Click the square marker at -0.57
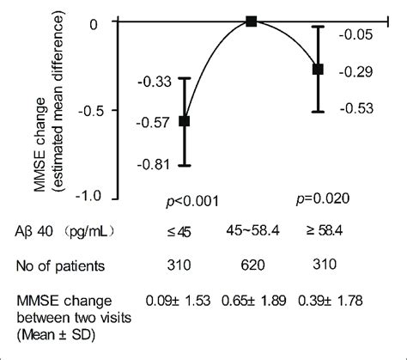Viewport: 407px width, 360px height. click(184, 122)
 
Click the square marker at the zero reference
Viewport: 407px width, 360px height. click(252, 21)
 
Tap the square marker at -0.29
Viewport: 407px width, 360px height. click(318, 69)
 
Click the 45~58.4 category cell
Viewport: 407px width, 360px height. click(252, 232)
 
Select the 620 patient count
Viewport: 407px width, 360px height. click(252, 266)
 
